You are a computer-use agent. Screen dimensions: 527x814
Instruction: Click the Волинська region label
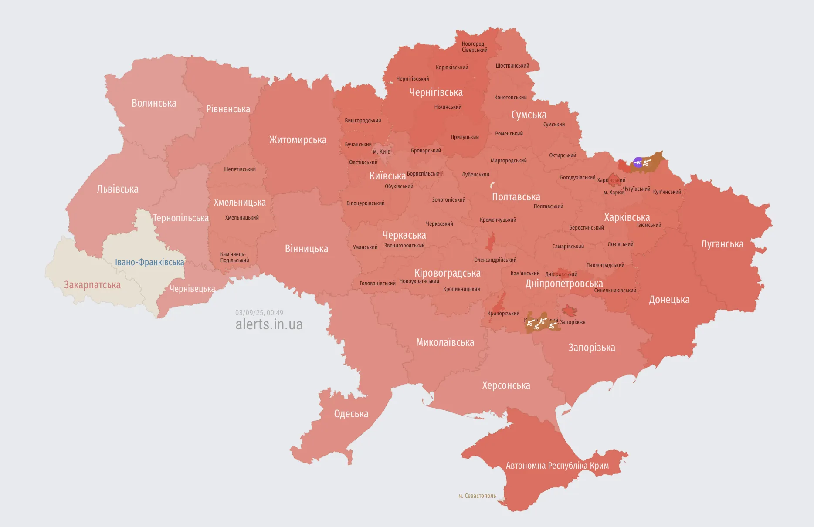pyautogui.click(x=154, y=103)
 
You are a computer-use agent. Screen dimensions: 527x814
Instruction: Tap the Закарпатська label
pyautogui.click(x=92, y=285)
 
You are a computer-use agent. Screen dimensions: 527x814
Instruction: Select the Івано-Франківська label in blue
pyautogui.click(x=149, y=262)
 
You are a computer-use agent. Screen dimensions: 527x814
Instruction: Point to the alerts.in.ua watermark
pyautogui.click(x=269, y=324)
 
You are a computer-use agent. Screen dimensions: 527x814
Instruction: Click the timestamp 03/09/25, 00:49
pyautogui.click(x=259, y=313)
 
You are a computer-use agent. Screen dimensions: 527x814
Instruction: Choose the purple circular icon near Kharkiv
pyautogui.click(x=638, y=162)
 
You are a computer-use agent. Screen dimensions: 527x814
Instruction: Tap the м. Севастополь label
pyautogui.click(x=477, y=496)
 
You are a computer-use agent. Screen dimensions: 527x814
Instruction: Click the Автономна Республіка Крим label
pyautogui.click(x=557, y=466)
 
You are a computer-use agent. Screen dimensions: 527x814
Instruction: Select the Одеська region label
pyautogui.click(x=351, y=414)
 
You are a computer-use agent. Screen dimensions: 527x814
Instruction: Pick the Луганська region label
pyautogui.click(x=722, y=244)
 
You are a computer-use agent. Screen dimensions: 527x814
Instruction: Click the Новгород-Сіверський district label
pyautogui.click(x=475, y=47)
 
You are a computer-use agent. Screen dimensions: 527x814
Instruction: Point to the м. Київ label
pyautogui.click(x=382, y=152)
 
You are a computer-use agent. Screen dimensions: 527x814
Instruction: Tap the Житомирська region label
pyautogui.click(x=298, y=140)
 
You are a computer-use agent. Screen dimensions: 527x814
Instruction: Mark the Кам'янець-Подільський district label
pyautogui.click(x=234, y=257)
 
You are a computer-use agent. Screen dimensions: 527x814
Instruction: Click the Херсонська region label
pyautogui.click(x=506, y=385)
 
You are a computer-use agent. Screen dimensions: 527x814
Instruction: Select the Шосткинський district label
pyautogui.click(x=512, y=66)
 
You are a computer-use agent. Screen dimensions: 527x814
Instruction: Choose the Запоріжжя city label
pyautogui.click(x=573, y=322)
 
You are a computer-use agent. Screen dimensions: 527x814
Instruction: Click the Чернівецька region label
pyautogui.click(x=192, y=289)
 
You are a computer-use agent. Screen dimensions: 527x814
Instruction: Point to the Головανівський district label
pyautogui.click(x=377, y=284)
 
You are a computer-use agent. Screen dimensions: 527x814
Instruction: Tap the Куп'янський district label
pyautogui.click(x=667, y=192)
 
